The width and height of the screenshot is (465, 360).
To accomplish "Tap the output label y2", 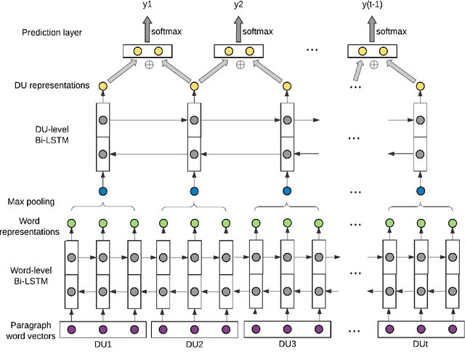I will point(239,6).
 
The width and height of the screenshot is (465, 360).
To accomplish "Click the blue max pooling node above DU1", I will point(102,192).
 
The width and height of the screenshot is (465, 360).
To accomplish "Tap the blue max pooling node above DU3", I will point(287,192).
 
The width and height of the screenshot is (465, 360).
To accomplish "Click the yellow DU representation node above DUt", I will point(420,87).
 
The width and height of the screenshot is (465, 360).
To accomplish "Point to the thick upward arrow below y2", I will point(239,30).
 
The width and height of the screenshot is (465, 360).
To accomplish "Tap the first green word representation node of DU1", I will point(71,223).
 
